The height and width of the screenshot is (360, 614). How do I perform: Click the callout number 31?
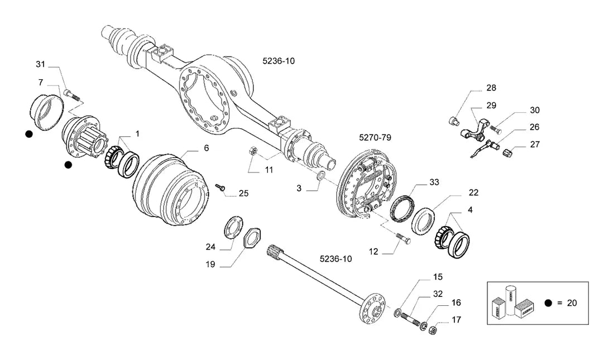pyautogui.click(x=41, y=64)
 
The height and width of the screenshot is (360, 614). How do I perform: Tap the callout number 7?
pyautogui.click(x=41, y=82)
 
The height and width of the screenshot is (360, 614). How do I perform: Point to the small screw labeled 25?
pyautogui.click(x=220, y=188)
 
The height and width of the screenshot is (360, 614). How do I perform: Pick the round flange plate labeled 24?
pyautogui.click(x=233, y=227)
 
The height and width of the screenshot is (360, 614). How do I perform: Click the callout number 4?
pyautogui.click(x=470, y=210)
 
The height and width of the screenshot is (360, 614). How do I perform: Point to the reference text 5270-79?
pyautogui.click(x=375, y=137)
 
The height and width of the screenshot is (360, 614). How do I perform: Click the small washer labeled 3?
pyautogui.click(x=320, y=175)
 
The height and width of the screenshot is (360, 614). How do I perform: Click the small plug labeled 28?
pyautogui.click(x=453, y=121)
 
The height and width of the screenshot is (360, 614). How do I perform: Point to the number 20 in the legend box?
pyautogui.click(x=572, y=303)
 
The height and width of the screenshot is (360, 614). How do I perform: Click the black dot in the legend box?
pyautogui.click(x=548, y=303)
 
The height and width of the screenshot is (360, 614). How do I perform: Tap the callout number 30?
pyautogui.click(x=535, y=111)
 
